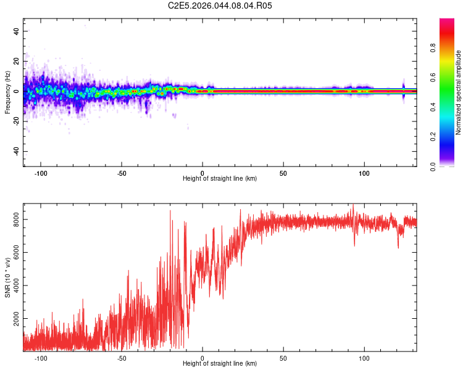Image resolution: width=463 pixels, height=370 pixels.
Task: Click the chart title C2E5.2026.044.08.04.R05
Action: tap(220, 6)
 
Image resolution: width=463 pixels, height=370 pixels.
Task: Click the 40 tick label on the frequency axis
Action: tap(16, 31)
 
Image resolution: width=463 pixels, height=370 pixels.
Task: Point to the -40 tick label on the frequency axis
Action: tap(16, 152)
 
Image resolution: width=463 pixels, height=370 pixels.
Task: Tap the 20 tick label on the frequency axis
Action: tap(16, 61)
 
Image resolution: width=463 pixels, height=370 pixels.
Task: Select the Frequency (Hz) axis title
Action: tap(7, 92)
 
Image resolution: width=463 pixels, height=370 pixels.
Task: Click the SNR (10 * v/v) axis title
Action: tap(7, 277)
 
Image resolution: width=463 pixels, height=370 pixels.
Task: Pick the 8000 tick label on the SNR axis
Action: tap(16, 220)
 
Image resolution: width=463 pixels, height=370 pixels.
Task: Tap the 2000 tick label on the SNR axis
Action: tap(16, 319)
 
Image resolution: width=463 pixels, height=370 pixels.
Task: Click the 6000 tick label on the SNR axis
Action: tap(16, 253)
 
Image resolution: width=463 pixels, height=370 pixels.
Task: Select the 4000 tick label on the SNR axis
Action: tap(16, 286)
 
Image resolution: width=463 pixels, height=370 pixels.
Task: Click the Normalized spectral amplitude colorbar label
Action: tap(458, 92)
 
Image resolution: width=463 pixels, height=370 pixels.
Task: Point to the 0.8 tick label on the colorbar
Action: tap(433, 47)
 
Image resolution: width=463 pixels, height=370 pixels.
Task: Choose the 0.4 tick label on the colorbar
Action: tap(433, 107)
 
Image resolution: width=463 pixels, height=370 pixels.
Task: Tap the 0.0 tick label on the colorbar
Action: tap(433, 166)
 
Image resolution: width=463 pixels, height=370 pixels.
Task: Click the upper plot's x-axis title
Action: tap(220, 178)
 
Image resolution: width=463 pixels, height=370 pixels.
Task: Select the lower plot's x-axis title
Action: tap(220, 363)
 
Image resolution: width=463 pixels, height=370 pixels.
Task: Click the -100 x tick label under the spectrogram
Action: tap(41, 173)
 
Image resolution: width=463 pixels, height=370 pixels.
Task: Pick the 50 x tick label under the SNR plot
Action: tap(283, 358)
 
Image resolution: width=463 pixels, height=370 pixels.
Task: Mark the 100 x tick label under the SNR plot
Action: tap(364, 358)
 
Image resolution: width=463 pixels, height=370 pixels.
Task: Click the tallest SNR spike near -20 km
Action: tap(170, 211)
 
